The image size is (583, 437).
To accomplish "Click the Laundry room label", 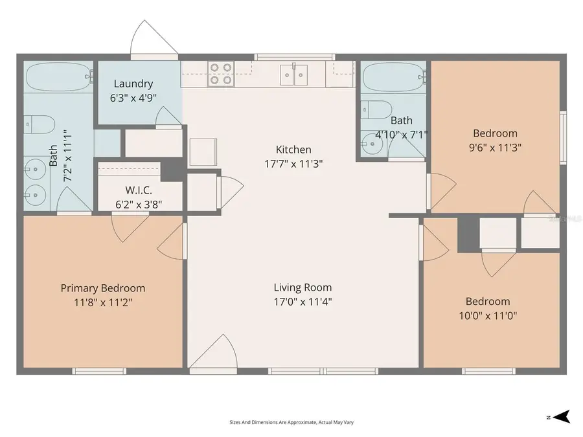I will [x=133, y=84].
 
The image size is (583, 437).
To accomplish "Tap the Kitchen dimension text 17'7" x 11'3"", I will [x=293, y=164].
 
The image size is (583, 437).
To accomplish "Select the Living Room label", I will [x=303, y=287].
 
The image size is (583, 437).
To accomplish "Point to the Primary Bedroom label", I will [x=103, y=288].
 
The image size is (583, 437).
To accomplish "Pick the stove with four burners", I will [x=220, y=74].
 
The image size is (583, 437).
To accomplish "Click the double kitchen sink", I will [x=295, y=74].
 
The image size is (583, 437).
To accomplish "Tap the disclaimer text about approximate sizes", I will [x=291, y=422].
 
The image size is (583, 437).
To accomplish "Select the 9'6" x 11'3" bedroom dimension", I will [x=495, y=147].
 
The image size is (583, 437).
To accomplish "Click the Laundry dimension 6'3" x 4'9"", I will [x=133, y=98].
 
